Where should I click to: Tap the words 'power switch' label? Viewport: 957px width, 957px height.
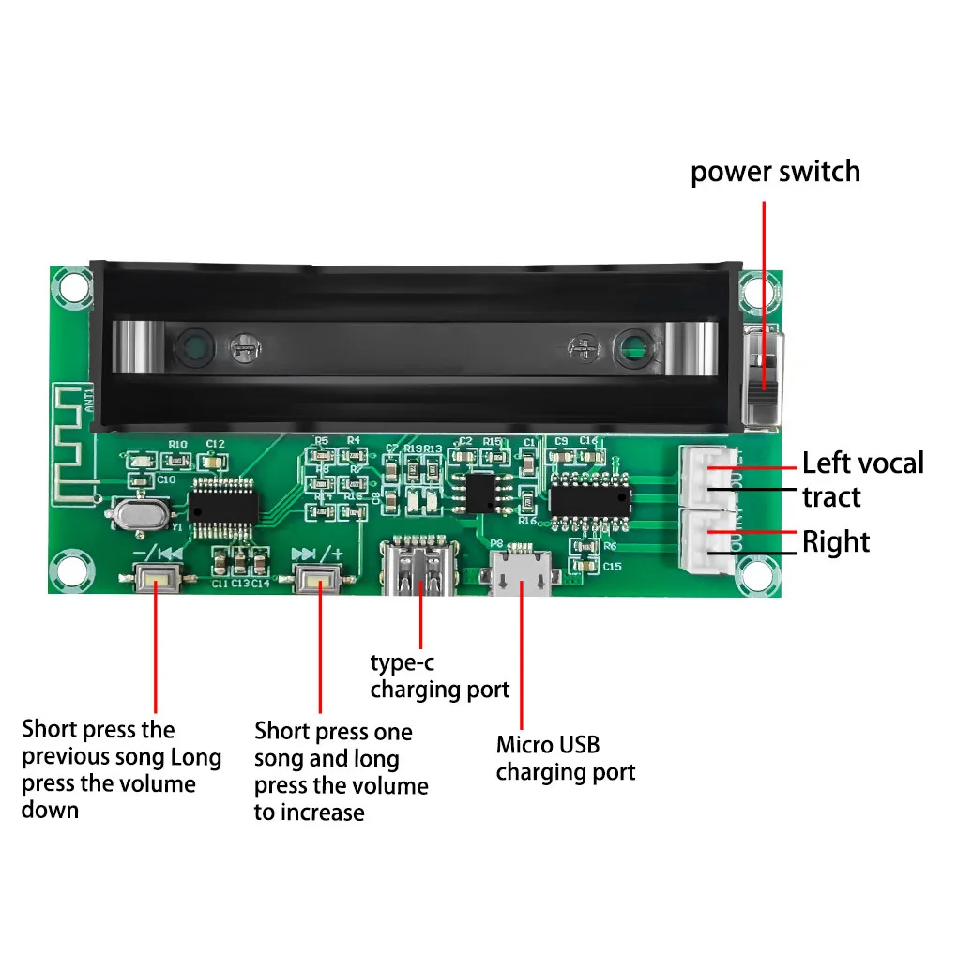point(775,173)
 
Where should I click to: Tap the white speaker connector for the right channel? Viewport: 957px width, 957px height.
point(708,542)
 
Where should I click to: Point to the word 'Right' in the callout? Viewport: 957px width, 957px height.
point(835,542)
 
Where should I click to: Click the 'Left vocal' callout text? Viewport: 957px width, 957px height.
point(862,463)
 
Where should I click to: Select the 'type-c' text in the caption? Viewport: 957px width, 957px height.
point(402,663)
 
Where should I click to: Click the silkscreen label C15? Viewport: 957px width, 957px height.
point(613,567)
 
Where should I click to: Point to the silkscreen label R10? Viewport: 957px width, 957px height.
point(177,445)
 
